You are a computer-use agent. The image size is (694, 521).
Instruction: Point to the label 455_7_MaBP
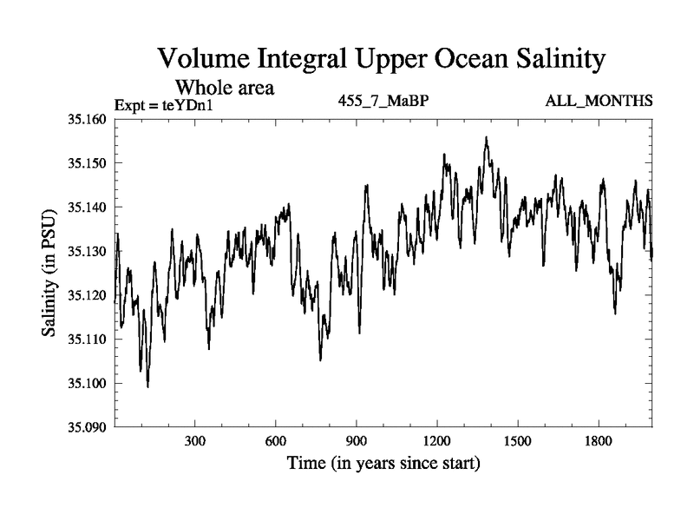[383, 102]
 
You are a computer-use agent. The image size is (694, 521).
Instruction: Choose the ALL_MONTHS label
[599, 102]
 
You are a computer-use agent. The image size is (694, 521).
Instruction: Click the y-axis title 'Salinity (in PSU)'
[49, 273]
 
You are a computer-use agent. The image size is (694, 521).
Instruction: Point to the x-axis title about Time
[383, 464]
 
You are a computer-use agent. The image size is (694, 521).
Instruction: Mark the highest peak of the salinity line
[487, 137]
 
